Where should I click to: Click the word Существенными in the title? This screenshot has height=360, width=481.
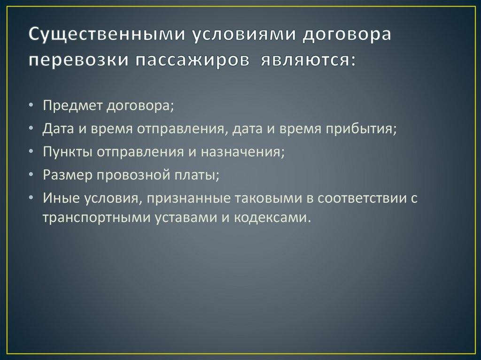(107, 35)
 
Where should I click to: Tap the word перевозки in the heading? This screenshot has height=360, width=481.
(78, 60)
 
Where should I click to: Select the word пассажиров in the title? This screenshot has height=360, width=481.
(193, 60)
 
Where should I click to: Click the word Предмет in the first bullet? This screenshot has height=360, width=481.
(72, 106)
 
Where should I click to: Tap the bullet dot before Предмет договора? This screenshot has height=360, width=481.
(31, 105)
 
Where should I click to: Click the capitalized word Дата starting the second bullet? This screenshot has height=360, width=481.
(58, 129)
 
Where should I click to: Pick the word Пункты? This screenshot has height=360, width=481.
(67, 152)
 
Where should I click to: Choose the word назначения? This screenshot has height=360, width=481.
(241, 152)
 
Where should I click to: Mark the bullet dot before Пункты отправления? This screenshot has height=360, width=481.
(31, 152)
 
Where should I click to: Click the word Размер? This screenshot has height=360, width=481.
(68, 175)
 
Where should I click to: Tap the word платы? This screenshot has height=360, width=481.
(195, 175)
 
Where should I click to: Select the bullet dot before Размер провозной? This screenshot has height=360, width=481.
(31, 175)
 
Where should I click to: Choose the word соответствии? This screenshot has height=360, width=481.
(361, 199)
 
